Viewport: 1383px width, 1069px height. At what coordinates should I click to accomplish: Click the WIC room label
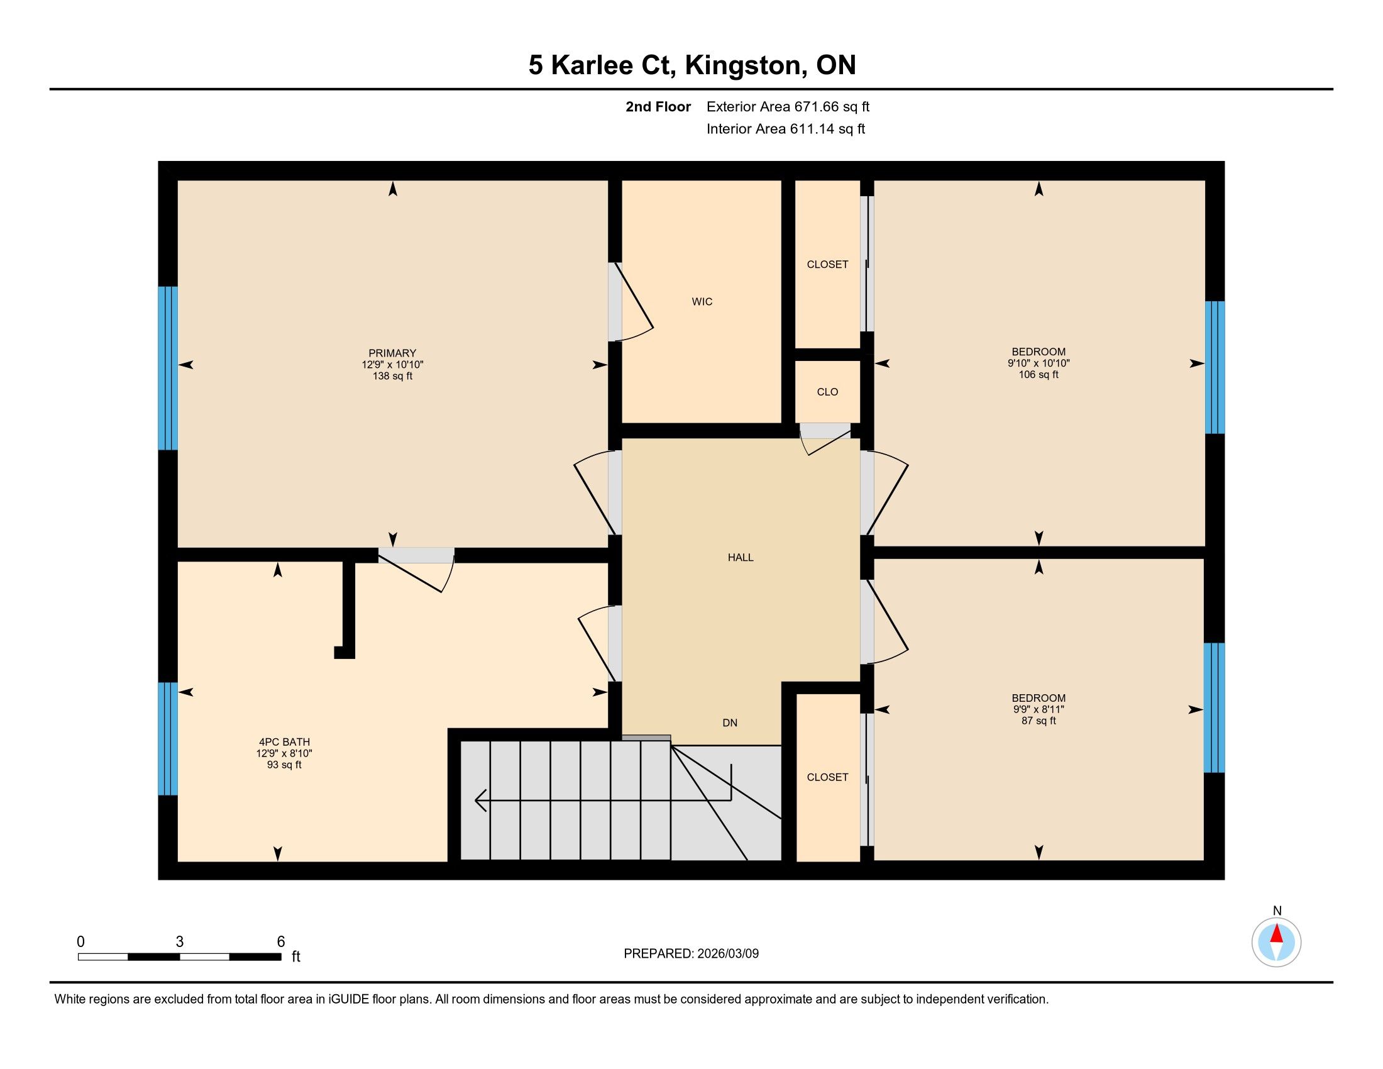coord(702,301)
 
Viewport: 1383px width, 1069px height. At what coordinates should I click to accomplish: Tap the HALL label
coord(741,557)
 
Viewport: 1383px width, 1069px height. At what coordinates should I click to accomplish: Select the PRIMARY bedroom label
coord(392,353)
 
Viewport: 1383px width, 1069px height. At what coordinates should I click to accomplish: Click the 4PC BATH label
coord(284,741)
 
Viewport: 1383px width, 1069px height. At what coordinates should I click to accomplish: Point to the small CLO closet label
coord(827,392)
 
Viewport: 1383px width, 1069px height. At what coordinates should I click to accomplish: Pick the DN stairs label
coord(729,723)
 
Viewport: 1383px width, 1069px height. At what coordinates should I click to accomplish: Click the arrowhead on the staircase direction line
coord(481,800)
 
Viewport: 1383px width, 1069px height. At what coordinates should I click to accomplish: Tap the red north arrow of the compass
coord(1277,934)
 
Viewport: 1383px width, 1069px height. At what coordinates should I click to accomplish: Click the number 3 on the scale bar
coord(180,942)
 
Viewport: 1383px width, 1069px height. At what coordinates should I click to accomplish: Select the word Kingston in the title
coord(746,65)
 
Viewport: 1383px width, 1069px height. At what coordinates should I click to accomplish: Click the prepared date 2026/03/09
coord(727,954)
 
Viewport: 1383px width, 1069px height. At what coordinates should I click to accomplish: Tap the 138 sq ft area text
coord(392,375)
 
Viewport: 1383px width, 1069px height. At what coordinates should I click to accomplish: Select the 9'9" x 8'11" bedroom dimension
coord(1038,709)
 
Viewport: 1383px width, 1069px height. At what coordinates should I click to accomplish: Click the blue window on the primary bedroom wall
coord(168,368)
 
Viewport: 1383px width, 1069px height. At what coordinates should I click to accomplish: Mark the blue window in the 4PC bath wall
coord(168,738)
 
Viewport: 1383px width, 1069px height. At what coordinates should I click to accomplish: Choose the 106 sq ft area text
coord(1038,374)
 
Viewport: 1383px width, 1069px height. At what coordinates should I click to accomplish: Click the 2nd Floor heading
coord(658,106)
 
